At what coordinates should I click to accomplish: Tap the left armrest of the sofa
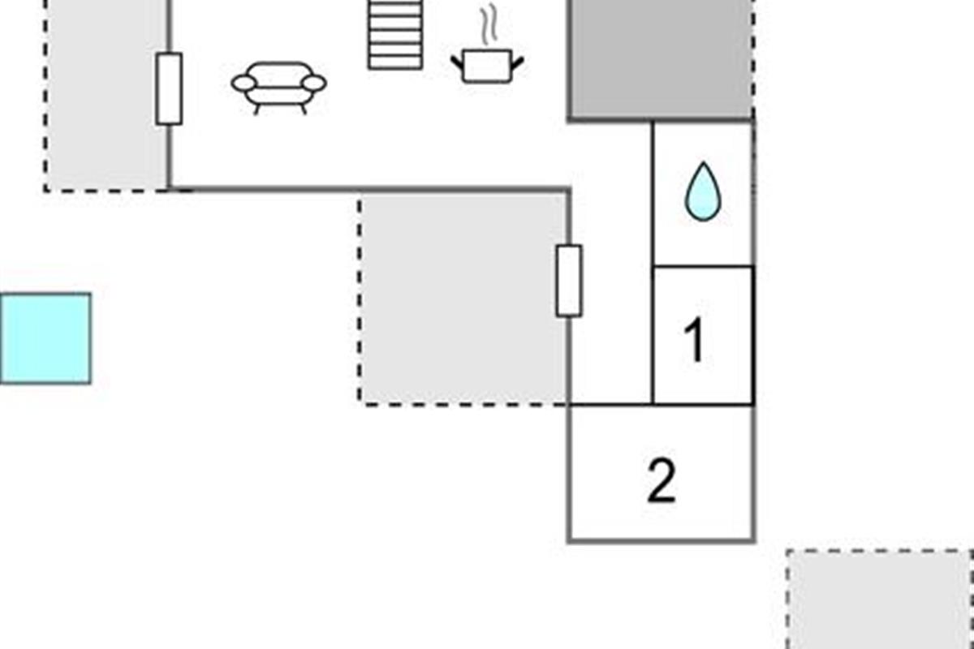tap(243, 83)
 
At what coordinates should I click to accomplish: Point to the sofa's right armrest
tap(314, 83)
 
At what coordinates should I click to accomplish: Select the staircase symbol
tap(394, 35)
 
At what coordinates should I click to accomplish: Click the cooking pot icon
tap(487, 66)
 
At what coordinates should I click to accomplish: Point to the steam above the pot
tap(489, 24)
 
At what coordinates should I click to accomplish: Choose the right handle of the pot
tap(518, 63)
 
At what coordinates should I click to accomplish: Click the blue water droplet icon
tap(703, 191)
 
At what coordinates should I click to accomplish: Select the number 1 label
tap(695, 338)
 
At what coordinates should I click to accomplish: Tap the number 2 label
tap(662, 481)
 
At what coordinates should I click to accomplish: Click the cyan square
tap(45, 338)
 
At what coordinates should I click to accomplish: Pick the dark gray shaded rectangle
tap(660, 58)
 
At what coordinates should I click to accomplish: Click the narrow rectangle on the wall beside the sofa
tap(169, 88)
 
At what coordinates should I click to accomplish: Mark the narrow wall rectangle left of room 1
tap(569, 281)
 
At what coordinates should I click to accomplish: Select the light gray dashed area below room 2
tap(881, 600)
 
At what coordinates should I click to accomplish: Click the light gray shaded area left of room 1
tap(463, 299)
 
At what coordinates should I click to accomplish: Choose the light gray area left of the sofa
tap(106, 95)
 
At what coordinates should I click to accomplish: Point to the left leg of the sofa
tap(257, 110)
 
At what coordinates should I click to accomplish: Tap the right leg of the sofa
tap(303, 110)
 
